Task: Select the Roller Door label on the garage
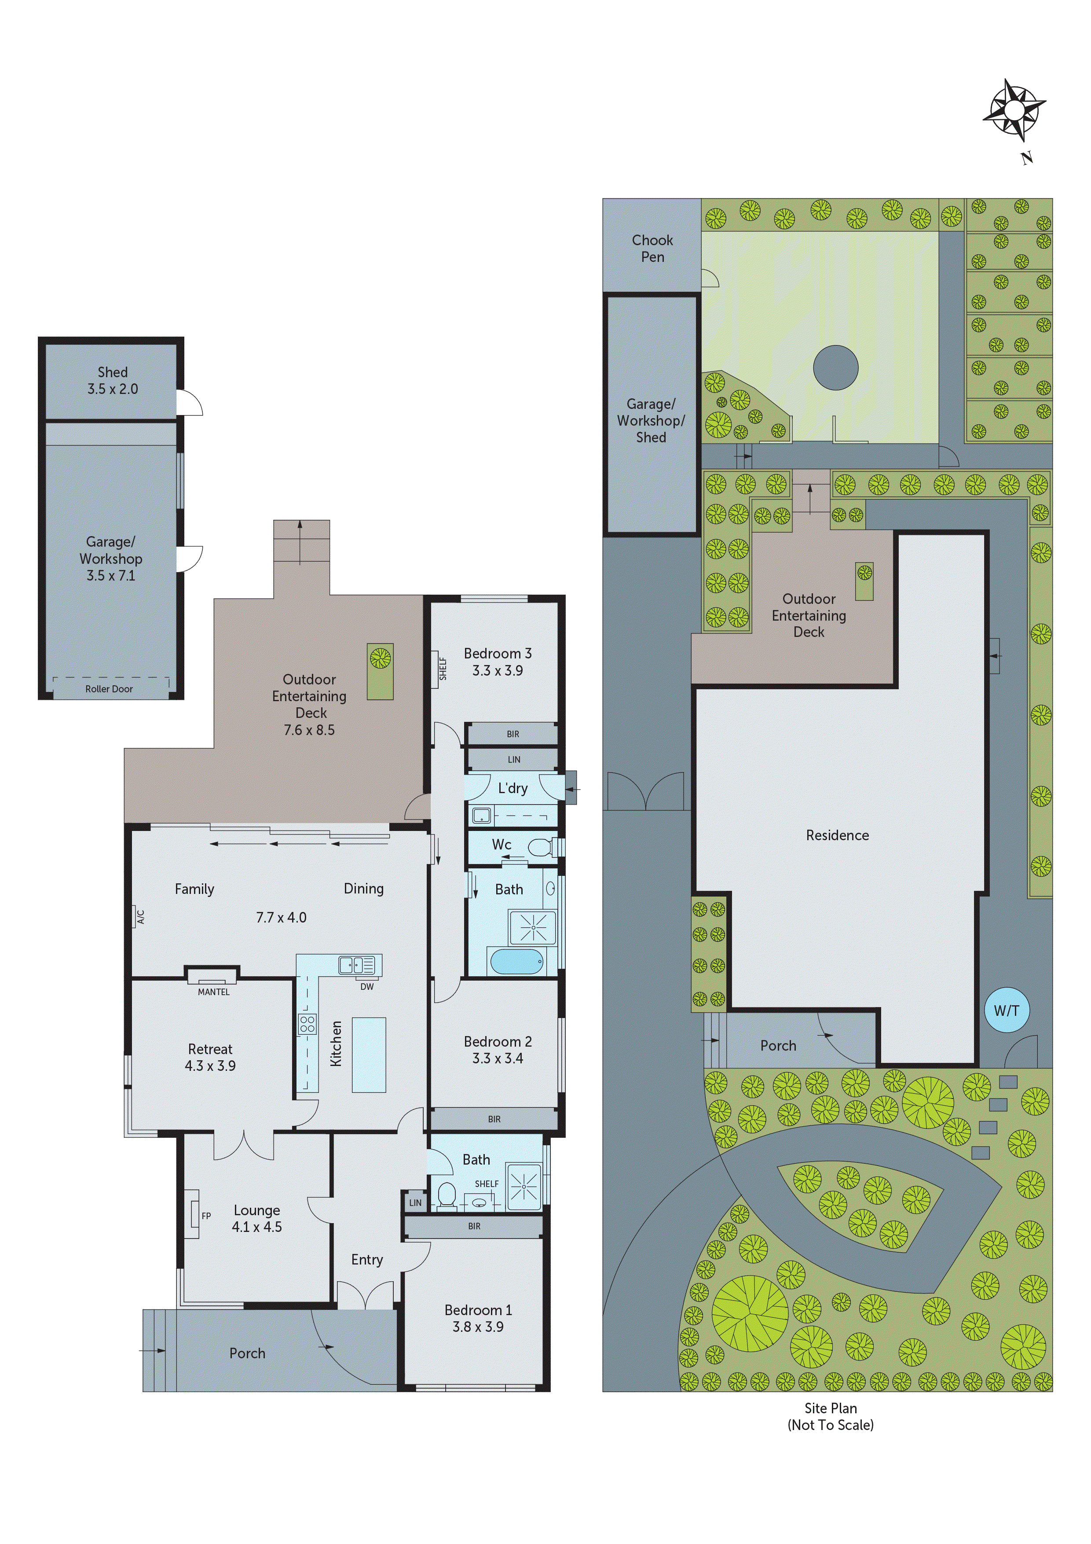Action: point(109,689)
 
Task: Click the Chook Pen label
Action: point(652,248)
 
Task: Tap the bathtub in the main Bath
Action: point(516,962)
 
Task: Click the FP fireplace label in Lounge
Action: point(206,1216)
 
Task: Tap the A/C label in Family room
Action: point(140,916)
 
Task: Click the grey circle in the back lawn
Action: point(835,368)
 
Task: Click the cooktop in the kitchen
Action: point(307,1024)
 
